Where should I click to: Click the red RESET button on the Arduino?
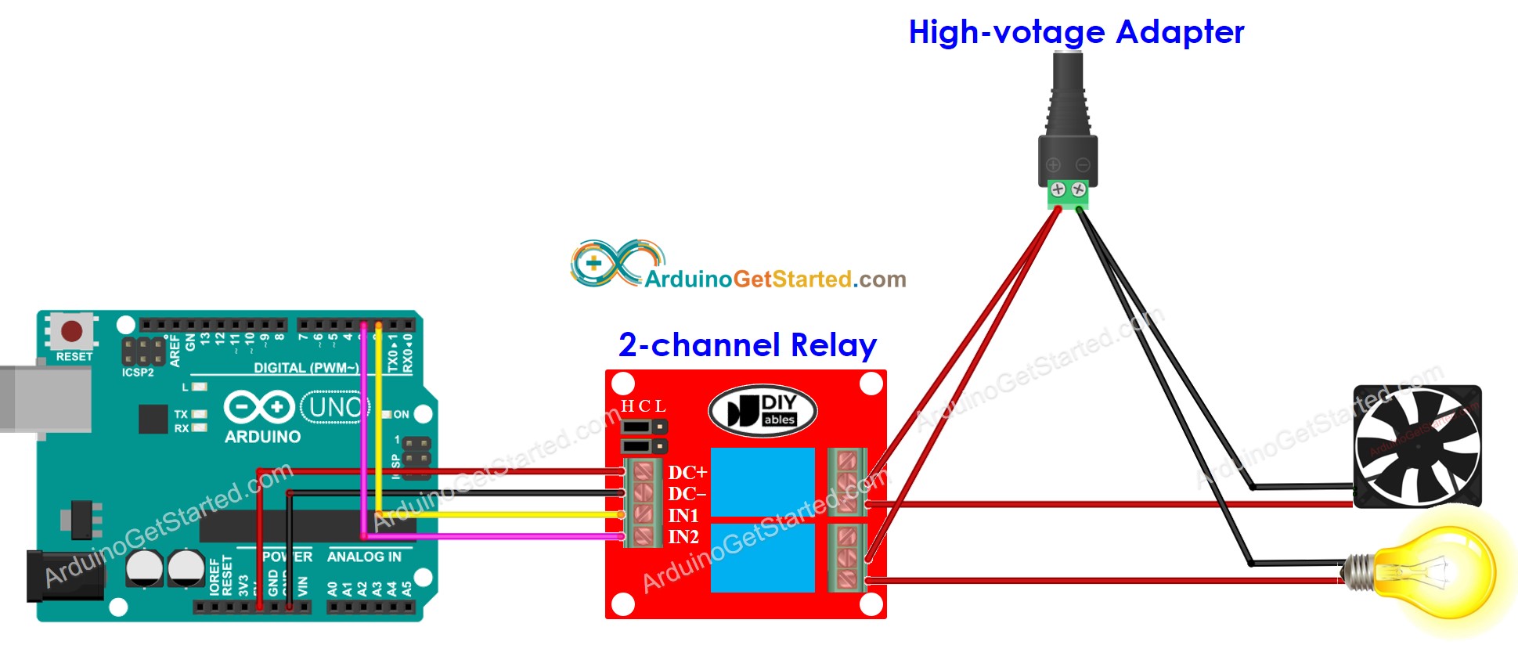(72, 331)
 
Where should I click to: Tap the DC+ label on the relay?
(687, 473)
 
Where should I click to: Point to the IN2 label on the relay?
(683, 537)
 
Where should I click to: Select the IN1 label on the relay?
(683, 516)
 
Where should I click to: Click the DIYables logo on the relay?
(763, 410)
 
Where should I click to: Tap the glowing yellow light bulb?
(1433, 575)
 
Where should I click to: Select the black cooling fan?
(1417, 446)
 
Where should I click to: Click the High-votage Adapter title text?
(1076, 32)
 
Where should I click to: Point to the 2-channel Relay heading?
(747, 345)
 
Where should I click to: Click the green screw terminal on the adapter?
(1068, 193)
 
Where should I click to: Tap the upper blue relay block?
(763, 482)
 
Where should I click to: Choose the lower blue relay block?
(763, 557)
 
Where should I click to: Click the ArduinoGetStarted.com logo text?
(775, 279)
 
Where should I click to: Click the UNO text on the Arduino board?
(335, 407)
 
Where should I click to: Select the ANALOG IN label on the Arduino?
(364, 557)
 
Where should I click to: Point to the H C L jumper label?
(644, 406)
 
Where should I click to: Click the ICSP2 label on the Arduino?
(138, 373)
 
